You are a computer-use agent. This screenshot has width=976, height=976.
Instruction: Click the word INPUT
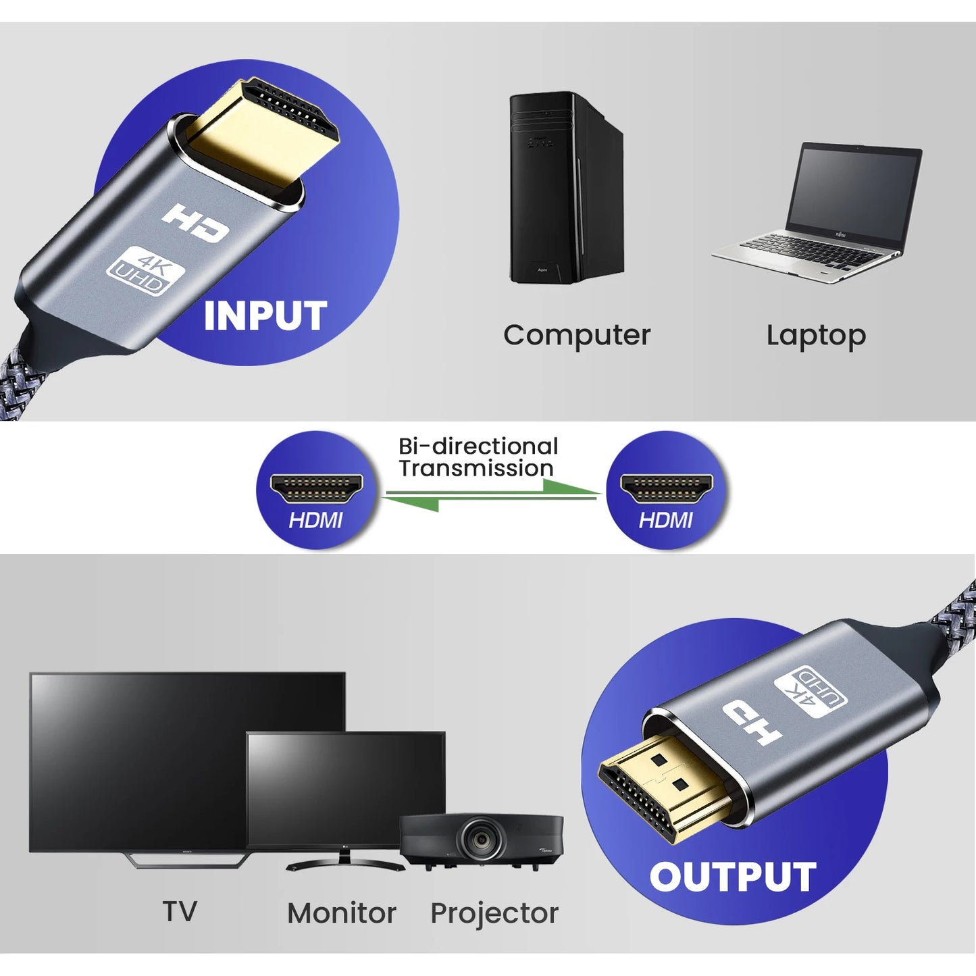point(265,316)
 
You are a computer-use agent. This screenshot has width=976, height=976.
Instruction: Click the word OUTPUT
point(733,877)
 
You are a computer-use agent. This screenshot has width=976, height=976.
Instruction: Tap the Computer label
point(577,335)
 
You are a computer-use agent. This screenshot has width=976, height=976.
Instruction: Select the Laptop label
point(816,336)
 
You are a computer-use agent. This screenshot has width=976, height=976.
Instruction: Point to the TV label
point(180,911)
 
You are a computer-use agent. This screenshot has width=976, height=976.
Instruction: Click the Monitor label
point(342,913)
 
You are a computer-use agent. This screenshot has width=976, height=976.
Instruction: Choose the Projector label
point(494,913)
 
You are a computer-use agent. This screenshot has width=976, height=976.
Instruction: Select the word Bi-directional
point(478,446)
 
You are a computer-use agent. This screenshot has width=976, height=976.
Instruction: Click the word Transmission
point(476,468)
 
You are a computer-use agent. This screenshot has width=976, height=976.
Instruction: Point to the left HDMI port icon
point(316,488)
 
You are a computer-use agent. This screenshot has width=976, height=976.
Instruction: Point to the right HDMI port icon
point(666,488)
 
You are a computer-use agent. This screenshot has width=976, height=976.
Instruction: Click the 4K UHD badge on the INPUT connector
point(146,272)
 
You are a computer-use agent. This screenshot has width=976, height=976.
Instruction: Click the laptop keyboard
point(811,250)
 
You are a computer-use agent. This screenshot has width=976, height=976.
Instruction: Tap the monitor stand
point(344,861)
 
